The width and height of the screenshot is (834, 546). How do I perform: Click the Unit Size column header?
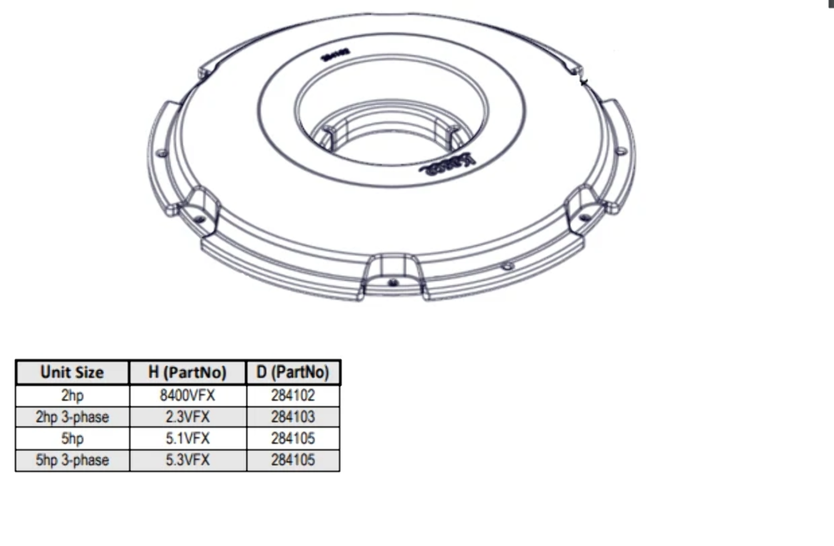tap(73, 373)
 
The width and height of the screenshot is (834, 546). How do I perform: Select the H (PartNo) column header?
tap(188, 373)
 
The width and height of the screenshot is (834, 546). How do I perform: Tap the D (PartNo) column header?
tap(293, 373)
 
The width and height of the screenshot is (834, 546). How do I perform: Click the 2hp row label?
tap(73, 396)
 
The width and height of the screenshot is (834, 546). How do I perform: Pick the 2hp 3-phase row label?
tap(73, 417)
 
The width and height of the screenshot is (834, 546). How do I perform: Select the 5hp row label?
tap(73, 438)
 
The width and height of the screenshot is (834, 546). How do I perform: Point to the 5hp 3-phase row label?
tap(73, 459)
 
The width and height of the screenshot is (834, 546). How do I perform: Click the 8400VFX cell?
tap(188, 396)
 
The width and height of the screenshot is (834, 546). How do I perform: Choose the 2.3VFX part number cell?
tap(188, 417)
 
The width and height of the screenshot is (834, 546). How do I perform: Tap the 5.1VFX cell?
tap(188, 438)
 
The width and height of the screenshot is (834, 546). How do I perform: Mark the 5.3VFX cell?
tap(188, 459)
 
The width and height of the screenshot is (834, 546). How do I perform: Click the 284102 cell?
tap(293, 396)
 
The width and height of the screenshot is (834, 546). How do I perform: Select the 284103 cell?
tap(293, 417)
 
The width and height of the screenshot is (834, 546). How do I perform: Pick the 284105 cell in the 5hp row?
tap(293, 438)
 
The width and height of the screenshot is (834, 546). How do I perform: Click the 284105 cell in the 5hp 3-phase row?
tap(293, 459)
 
